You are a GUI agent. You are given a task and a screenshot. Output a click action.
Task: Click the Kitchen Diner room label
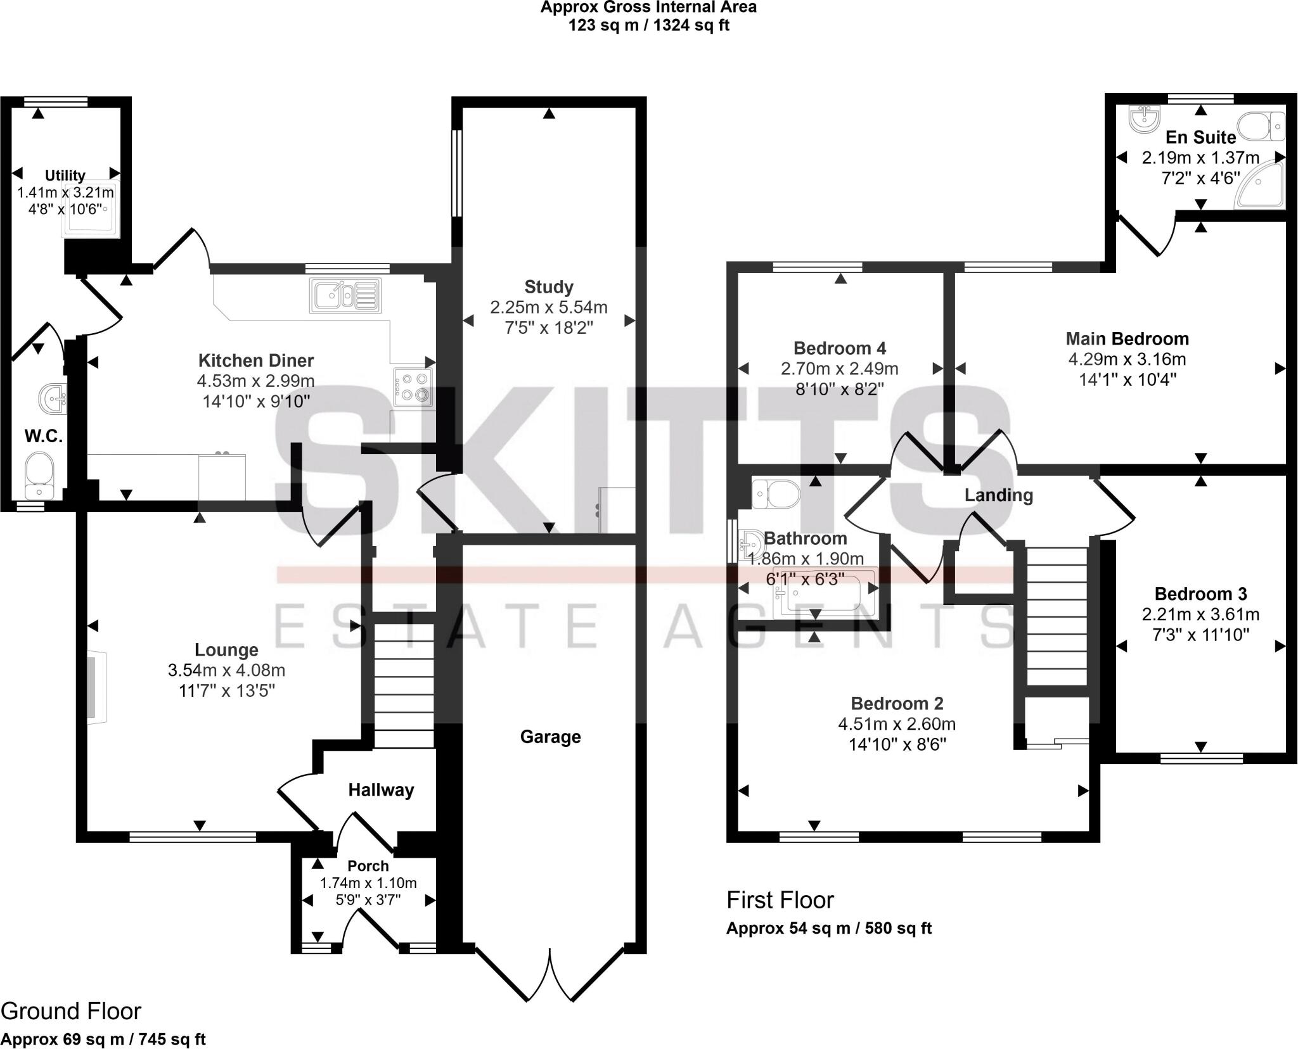[x=255, y=360]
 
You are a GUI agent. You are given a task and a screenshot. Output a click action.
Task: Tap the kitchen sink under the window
[x=345, y=296]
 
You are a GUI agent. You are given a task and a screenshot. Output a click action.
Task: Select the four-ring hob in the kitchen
[x=413, y=387]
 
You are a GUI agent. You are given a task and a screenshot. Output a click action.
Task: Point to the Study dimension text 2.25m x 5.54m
[x=548, y=308]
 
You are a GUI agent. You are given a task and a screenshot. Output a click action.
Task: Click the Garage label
[x=550, y=737]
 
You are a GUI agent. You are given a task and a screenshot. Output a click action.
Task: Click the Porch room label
[x=368, y=866]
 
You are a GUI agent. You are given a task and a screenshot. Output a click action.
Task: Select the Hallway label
[x=381, y=790]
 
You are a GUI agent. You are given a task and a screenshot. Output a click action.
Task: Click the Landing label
[x=998, y=495]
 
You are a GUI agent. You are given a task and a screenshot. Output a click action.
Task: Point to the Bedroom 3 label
[x=1200, y=594]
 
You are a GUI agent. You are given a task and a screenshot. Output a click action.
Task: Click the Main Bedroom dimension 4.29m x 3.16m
[x=1127, y=359]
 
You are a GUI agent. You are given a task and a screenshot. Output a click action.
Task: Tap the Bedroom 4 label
[x=840, y=348]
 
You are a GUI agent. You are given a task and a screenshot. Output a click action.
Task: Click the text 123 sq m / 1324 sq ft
[x=648, y=26]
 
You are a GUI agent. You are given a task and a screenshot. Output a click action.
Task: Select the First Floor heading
[x=780, y=900]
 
